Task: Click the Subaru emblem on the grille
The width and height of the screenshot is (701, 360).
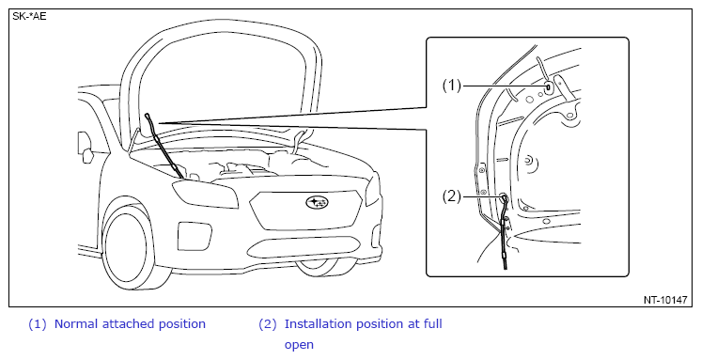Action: point(317,203)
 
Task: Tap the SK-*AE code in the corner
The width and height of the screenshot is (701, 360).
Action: point(29,17)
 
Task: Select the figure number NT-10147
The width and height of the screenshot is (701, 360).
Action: point(665,300)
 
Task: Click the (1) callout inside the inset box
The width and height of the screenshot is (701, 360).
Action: point(452,85)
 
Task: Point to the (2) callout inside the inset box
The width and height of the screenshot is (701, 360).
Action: point(452,196)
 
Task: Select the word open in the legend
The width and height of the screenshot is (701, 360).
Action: point(299,345)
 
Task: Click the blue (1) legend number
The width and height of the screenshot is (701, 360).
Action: point(37,323)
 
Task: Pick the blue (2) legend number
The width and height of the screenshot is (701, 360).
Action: point(268,323)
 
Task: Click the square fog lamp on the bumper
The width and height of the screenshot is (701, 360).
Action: point(195,236)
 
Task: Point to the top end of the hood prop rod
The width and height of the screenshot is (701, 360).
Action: point(148,116)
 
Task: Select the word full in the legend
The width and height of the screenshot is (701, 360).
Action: point(433,323)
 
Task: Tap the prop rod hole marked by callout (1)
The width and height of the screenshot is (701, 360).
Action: point(548,86)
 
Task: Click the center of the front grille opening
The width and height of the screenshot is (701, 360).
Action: point(305,210)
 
